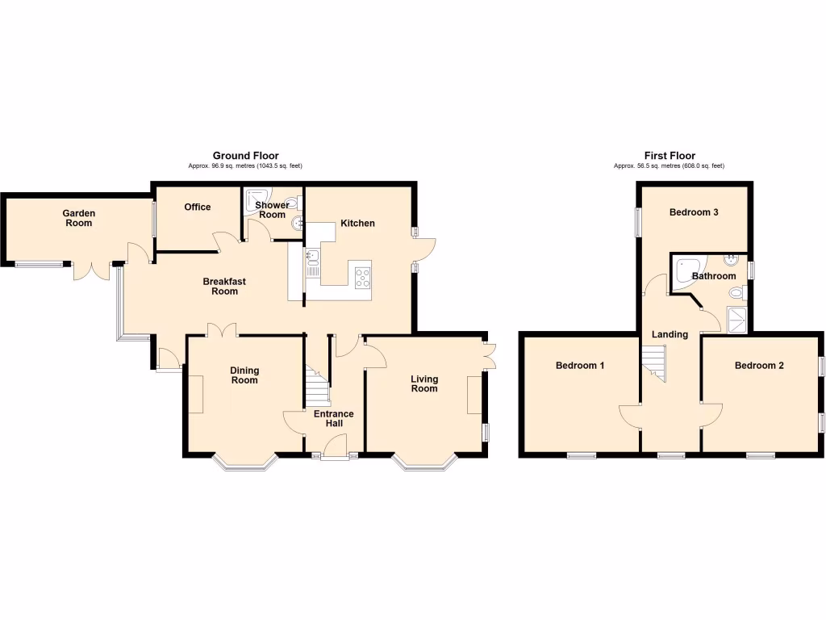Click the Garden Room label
click(x=80, y=218)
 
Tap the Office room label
click(x=197, y=207)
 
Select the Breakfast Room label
click(x=224, y=287)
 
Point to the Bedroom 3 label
click(x=694, y=212)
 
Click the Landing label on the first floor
click(x=670, y=334)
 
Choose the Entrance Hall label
click(x=334, y=419)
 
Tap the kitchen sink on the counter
click(x=311, y=258)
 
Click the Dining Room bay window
click(x=245, y=463)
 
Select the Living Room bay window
click(x=425, y=463)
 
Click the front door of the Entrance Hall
click(x=333, y=446)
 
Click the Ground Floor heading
click(x=245, y=156)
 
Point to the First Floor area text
click(x=669, y=166)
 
